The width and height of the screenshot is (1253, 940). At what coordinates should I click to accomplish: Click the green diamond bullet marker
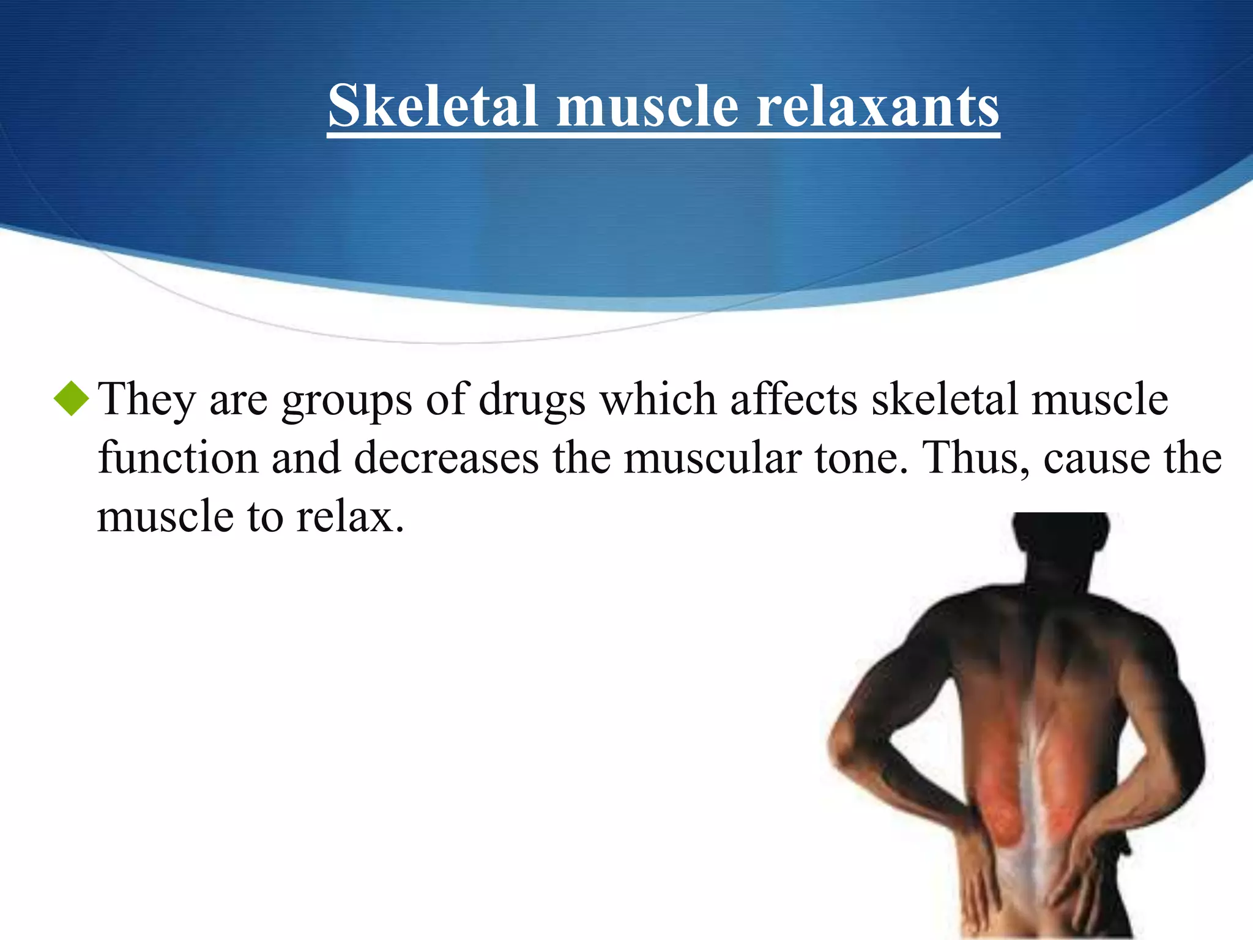tap(72, 398)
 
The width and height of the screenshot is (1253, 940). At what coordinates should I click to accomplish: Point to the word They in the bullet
tap(146, 400)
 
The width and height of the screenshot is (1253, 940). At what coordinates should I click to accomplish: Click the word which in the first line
tap(658, 399)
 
